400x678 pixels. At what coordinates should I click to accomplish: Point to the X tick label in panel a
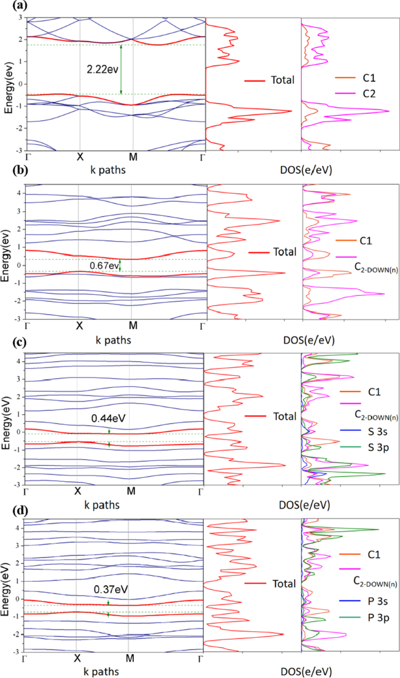point(80,157)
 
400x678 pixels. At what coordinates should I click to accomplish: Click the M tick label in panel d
point(130,658)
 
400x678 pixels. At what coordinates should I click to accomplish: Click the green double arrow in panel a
point(121,69)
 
